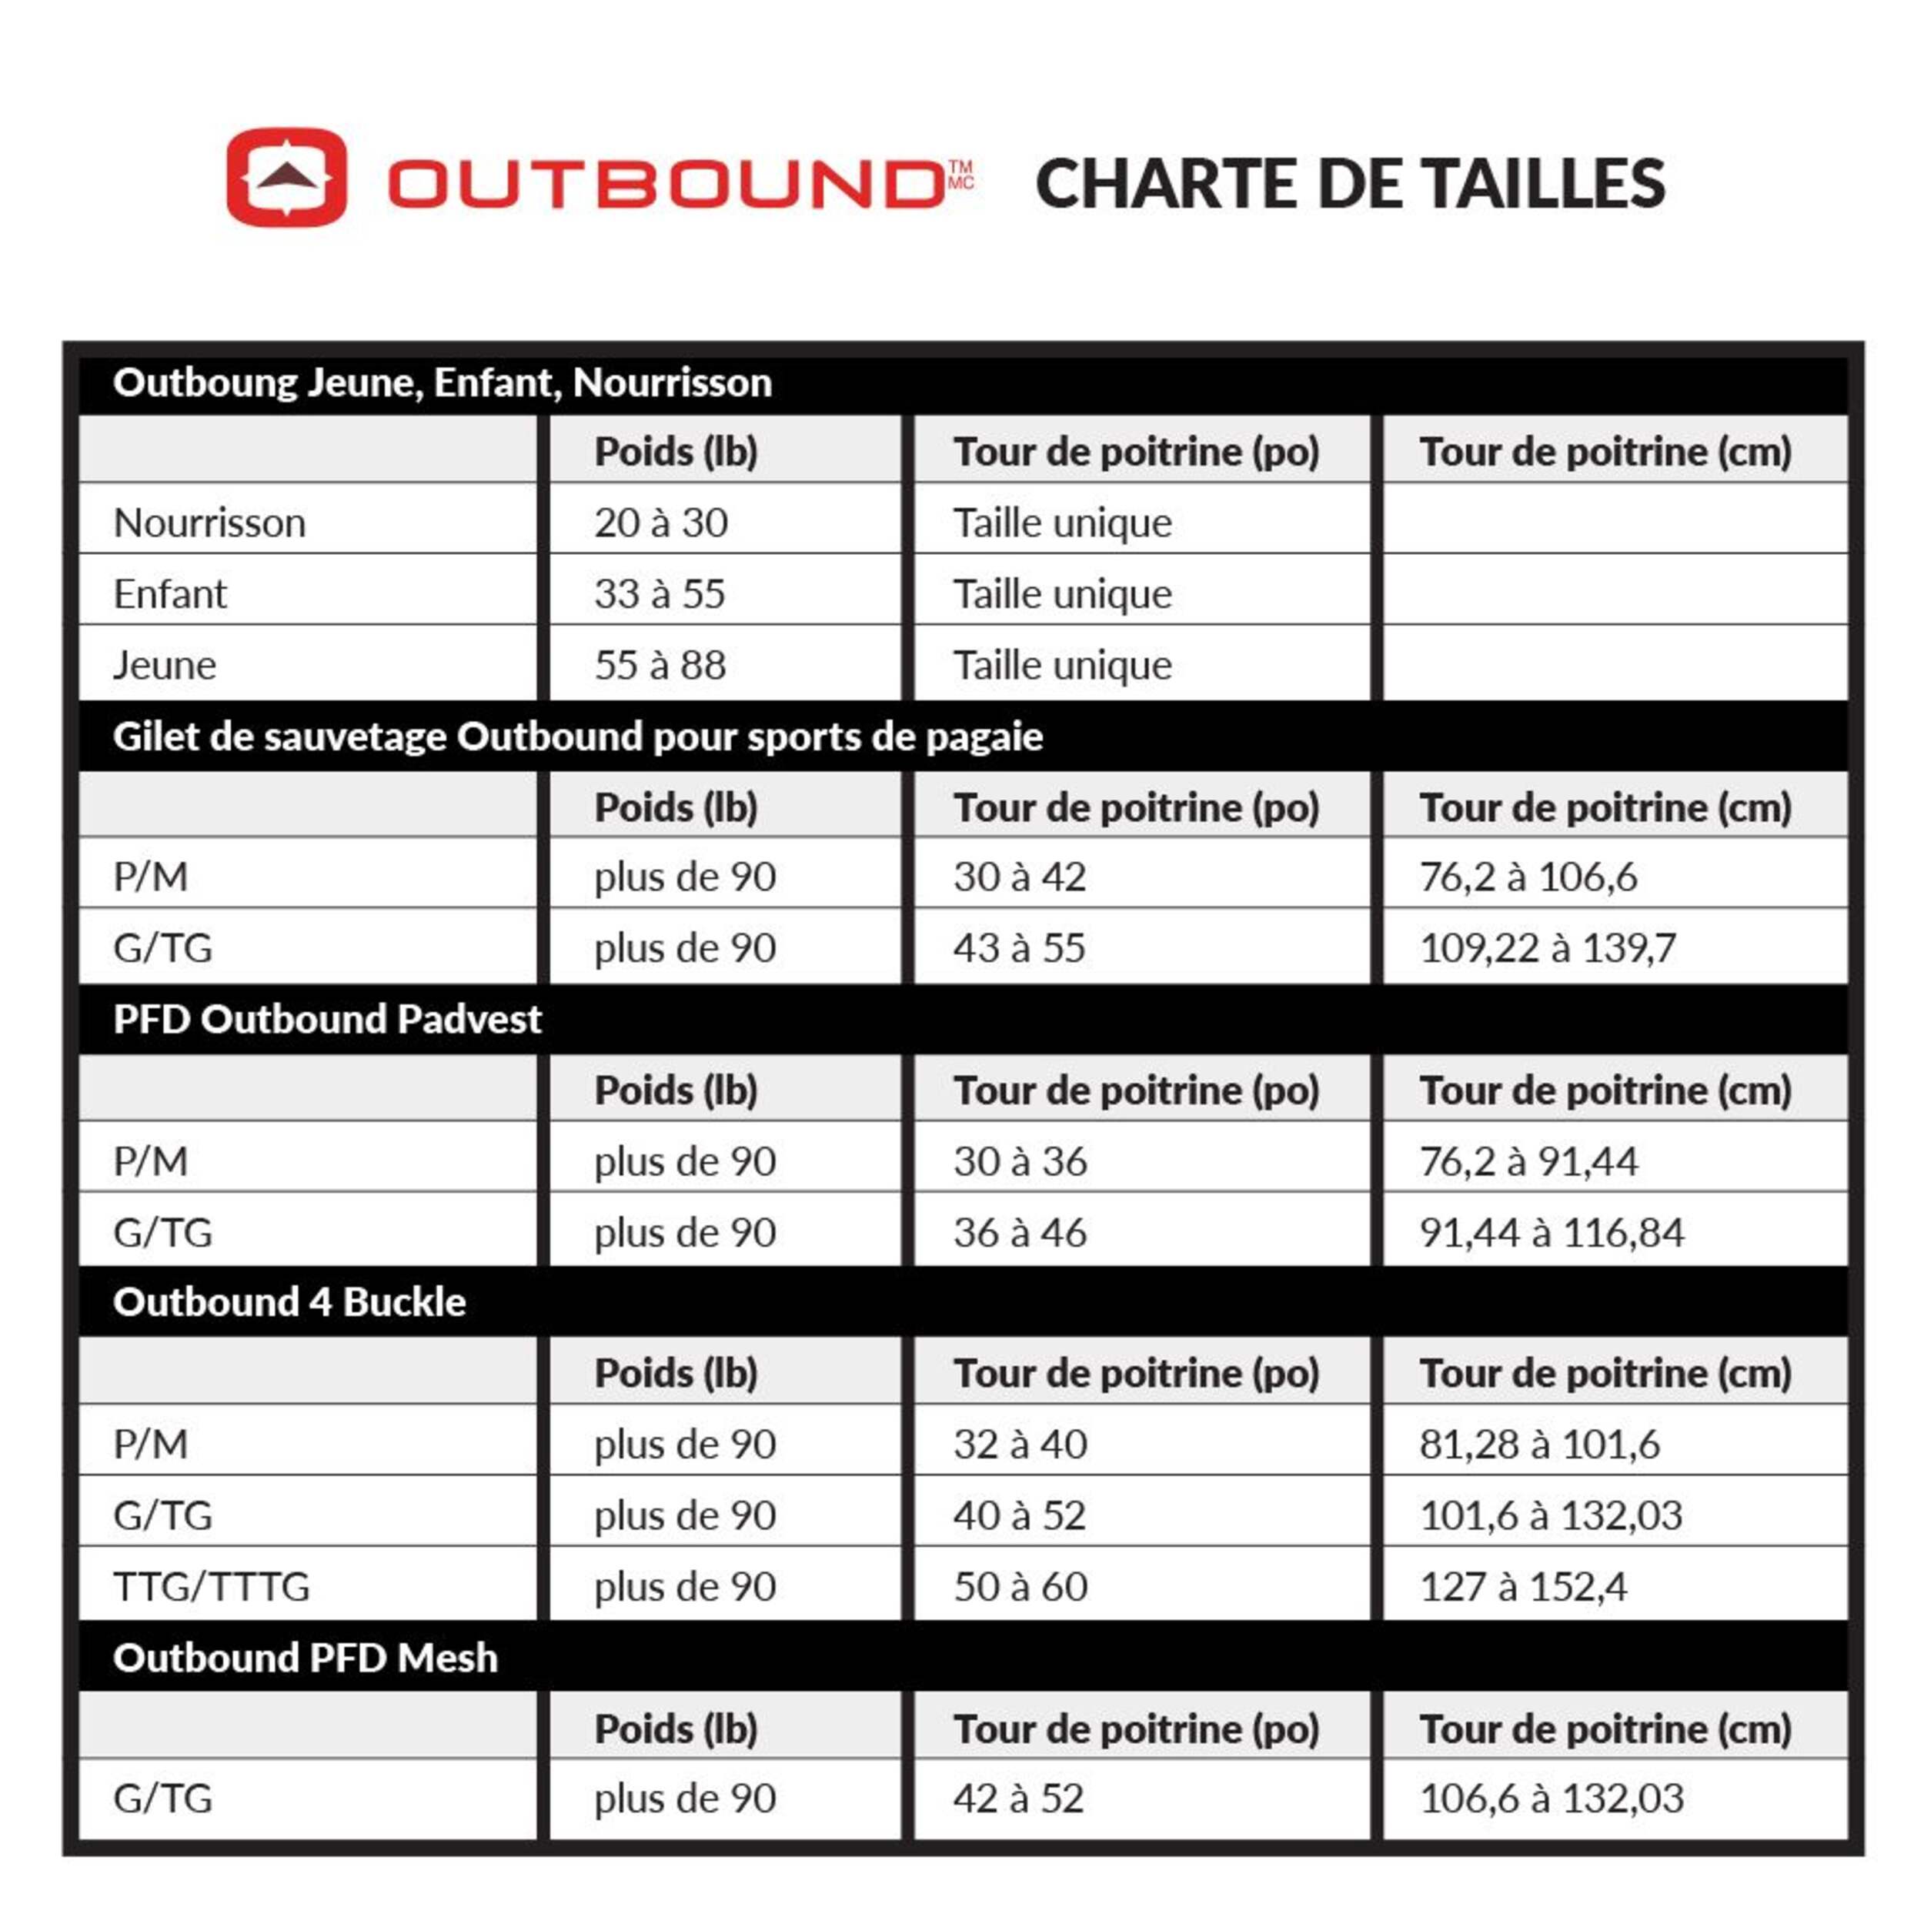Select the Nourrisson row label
(209, 523)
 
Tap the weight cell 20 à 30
(661, 523)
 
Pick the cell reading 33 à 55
(660, 593)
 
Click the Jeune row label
(165, 665)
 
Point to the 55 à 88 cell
(660, 665)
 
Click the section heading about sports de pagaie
(578, 737)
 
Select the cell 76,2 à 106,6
(1528, 877)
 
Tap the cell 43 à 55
(1019, 948)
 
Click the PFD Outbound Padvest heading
(326, 1019)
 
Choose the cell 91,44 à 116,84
(1552, 1233)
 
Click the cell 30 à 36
(1020, 1161)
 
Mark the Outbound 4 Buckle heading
(289, 1301)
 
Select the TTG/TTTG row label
(211, 1586)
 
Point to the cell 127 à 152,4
(1523, 1586)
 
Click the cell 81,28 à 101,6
(1538, 1444)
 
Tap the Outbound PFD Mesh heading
(305, 1658)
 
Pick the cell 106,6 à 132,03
(1551, 1799)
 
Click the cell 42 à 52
(1017, 1799)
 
